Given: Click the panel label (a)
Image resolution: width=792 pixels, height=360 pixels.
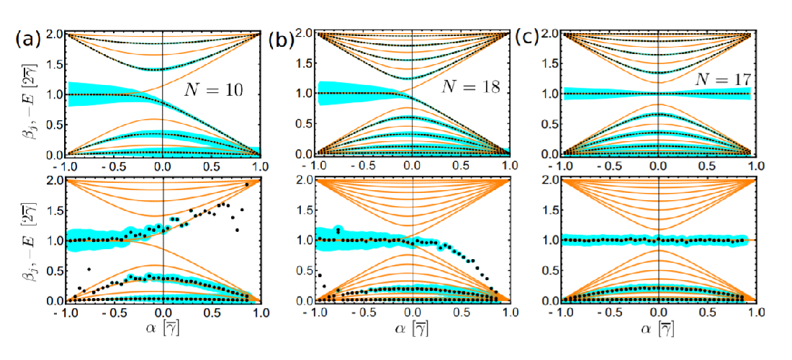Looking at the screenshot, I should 27,39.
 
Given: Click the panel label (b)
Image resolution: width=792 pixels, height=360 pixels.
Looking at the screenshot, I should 279,40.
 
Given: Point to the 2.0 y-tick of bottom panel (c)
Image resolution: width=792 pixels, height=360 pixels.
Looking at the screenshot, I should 551,179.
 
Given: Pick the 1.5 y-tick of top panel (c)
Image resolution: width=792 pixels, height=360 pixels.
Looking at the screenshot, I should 551,63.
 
